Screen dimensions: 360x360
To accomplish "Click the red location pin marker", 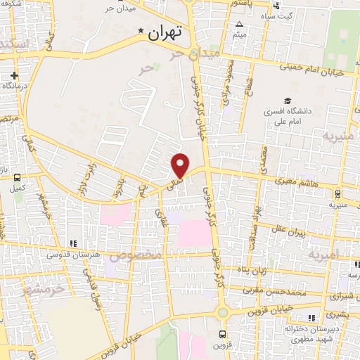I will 181,165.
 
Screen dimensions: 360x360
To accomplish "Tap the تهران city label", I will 167,32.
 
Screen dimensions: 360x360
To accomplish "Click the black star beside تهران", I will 141,32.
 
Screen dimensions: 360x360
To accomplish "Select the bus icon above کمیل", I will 17,178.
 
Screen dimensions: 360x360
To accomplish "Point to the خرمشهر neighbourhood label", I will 42,288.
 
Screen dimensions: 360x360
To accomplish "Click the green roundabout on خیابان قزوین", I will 222,312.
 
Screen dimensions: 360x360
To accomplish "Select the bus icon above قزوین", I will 222,334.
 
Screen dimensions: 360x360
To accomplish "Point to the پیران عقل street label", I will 305,232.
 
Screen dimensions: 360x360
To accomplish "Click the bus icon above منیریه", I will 338,193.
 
